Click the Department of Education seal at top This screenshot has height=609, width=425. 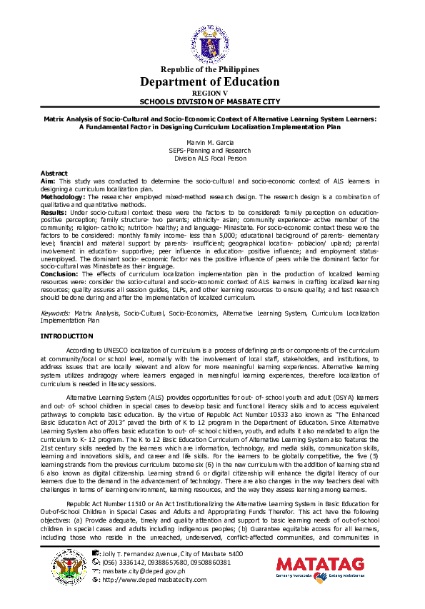pyautogui.click(x=210, y=42)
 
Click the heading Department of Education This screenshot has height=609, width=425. pyautogui.click(x=210, y=81)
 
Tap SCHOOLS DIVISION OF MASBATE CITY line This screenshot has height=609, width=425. pyautogui.click(x=210, y=101)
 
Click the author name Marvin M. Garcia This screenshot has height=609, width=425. pyautogui.click(x=209, y=143)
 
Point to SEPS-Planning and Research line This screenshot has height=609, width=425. pyautogui.click(x=209, y=151)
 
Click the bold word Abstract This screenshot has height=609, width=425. pyautogui.click(x=54, y=173)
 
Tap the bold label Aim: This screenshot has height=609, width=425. pyautogui.click(x=48, y=181)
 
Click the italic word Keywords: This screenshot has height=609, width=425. pyautogui.click(x=55, y=313)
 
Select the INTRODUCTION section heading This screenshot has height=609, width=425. pyautogui.click(x=66, y=336)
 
